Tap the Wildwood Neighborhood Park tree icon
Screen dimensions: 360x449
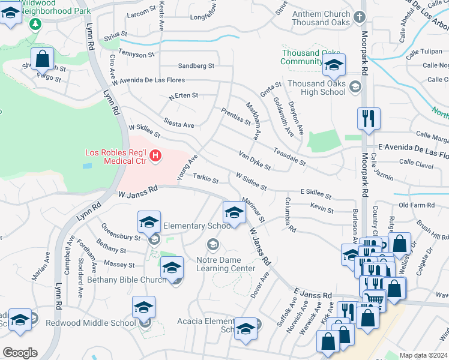[x=35, y=23]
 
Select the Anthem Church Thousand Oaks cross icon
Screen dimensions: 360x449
[x=359, y=17]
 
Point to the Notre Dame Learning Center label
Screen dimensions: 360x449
[x=226, y=264]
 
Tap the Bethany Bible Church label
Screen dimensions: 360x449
[x=125, y=280]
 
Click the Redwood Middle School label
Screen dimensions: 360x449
[x=90, y=323]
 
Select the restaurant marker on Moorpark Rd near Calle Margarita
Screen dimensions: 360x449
[x=368, y=119]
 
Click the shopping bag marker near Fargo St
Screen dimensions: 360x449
[x=42, y=59]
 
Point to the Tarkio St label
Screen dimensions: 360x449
[x=206, y=178]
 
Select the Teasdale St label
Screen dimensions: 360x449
[x=289, y=158]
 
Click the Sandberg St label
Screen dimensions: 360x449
[x=196, y=66]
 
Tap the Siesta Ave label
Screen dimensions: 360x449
[x=179, y=125]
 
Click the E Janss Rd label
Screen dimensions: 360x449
[x=313, y=295]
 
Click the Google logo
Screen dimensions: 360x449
[x=20, y=353]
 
